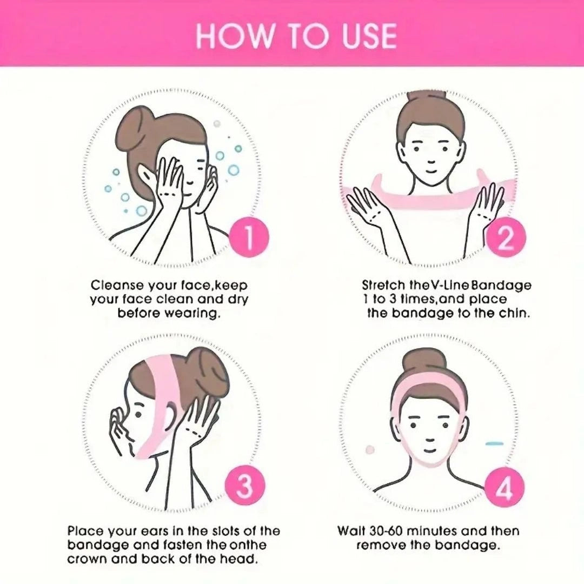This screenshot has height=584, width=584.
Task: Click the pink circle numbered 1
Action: click(248, 238)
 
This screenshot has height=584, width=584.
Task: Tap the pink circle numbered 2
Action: click(505, 238)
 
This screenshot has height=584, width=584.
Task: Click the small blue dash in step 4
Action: click(495, 443)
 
